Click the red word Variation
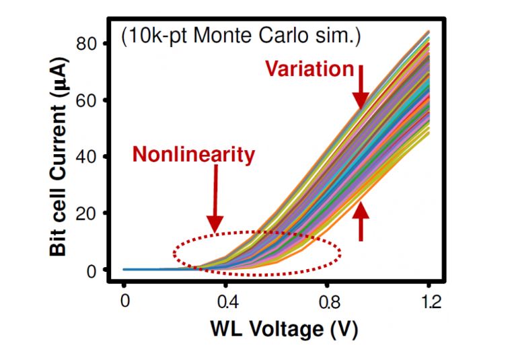point(309,69)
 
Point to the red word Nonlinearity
point(194,155)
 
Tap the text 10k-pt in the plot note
point(154,36)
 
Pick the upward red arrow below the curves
point(361,221)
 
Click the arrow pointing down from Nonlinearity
point(215,199)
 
